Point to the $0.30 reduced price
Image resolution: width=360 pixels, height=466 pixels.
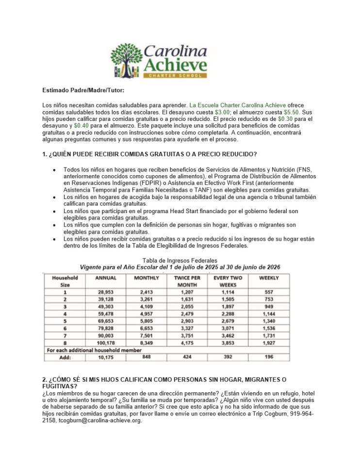(286, 118)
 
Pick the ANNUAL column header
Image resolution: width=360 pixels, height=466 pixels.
(106, 278)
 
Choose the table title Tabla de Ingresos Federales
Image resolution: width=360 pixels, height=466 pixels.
(180, 261)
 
